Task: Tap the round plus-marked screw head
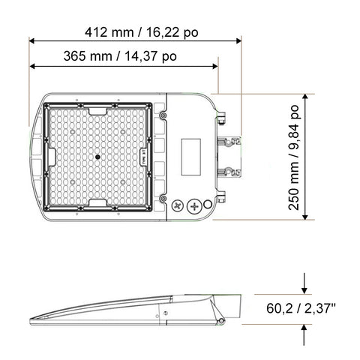coord(196,205)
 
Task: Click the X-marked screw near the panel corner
coord(178,205)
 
